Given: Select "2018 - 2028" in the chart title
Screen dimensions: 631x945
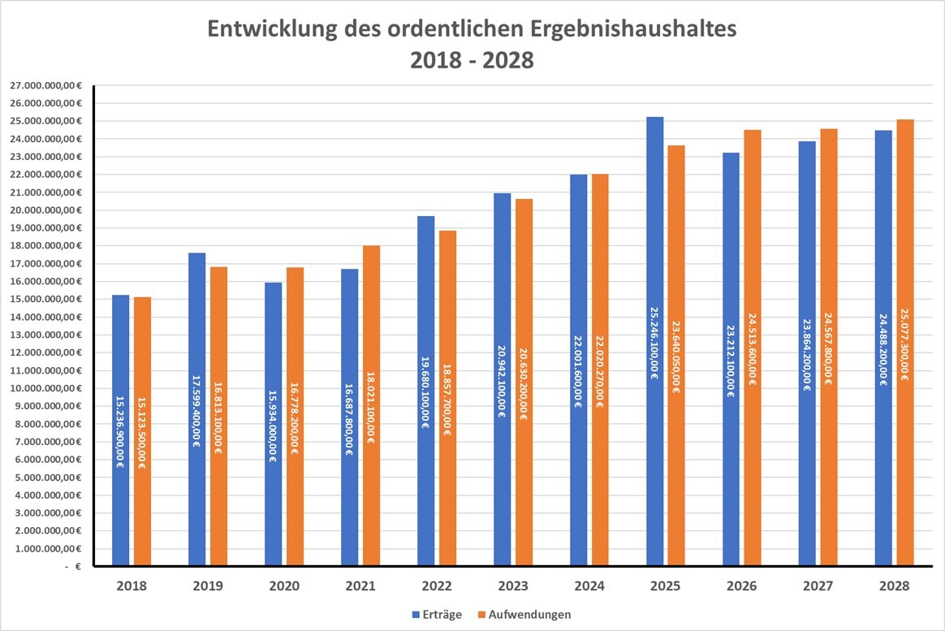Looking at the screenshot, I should (473, 61).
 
